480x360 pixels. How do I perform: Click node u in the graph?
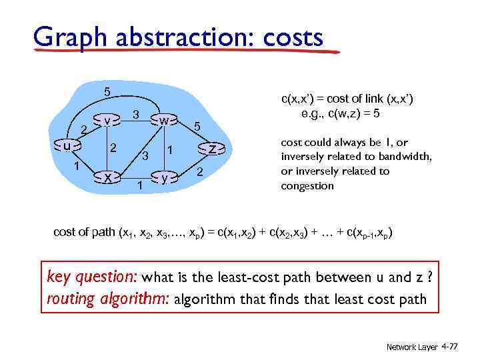(67, 145)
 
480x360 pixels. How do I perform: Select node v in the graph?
(108, 120)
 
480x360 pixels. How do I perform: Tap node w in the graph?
(163, 120)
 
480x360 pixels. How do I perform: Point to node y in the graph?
(164, 177)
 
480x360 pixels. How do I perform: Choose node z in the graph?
(211, 148)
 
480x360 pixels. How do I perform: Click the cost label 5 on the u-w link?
(107, 91)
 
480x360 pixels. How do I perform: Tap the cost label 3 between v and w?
(135, 115)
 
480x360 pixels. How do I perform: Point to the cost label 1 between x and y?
(139, 185)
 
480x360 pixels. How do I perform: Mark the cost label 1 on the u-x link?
(77, 165)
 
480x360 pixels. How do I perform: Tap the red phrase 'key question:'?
(91, 276)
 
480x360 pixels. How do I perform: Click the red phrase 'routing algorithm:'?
(108, 299)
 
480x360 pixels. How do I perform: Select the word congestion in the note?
(307, 186)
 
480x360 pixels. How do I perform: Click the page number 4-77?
(451, 347)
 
